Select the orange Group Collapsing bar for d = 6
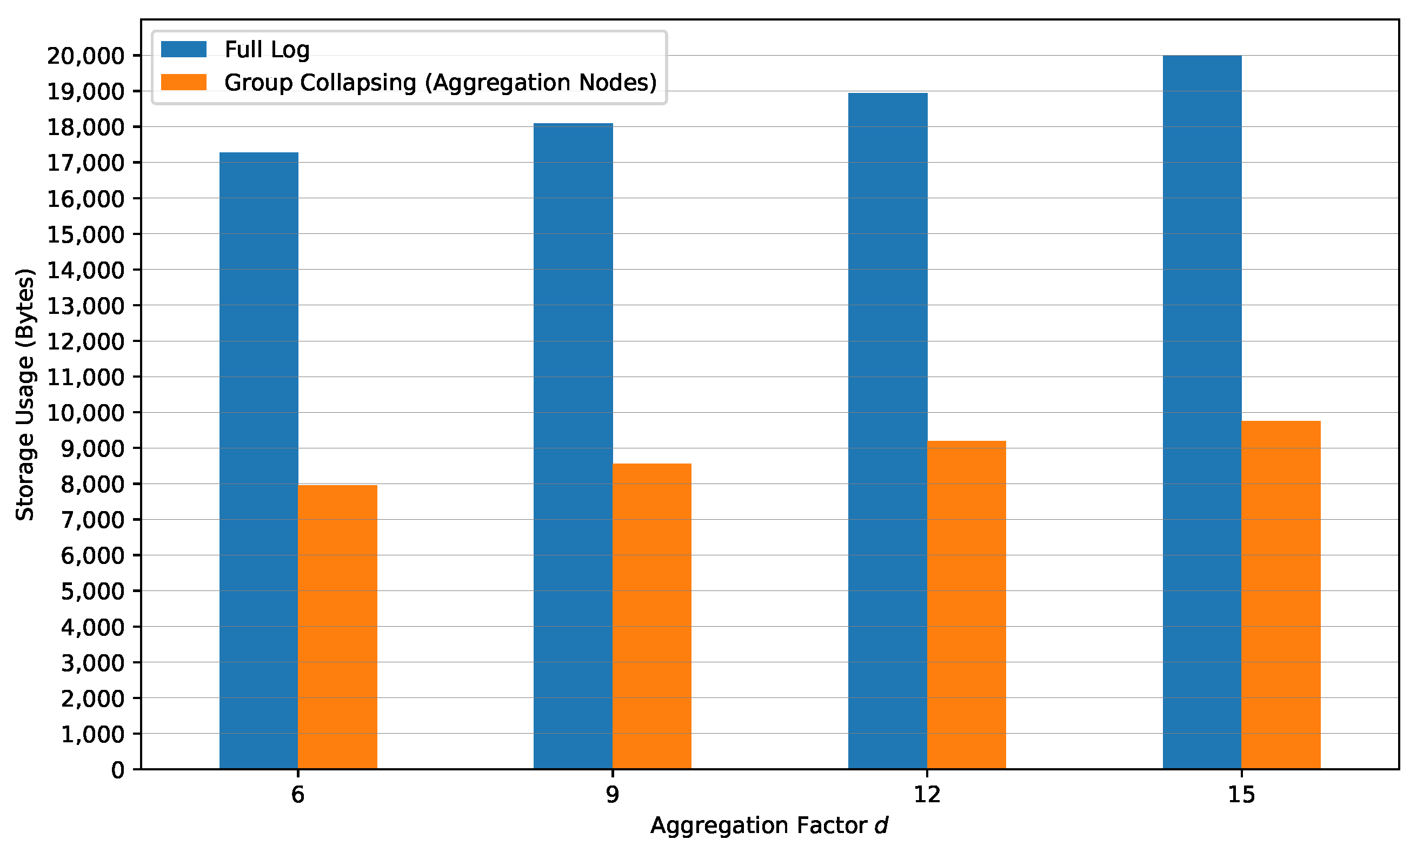[337, 627]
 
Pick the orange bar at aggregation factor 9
[651, 616]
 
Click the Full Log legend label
[267, 50]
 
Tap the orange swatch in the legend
[184, 82]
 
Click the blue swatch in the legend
[184, 50]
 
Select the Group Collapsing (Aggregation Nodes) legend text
[440, 83]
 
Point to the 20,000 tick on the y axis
[85, 56]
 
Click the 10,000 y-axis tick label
[85, 413]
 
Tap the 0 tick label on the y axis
[117, 770]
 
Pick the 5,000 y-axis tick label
[92, 591]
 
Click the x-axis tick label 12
[927, 795]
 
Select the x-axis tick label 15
[1241, 795]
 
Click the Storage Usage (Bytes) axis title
[25, 394]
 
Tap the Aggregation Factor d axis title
[769, 825]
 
